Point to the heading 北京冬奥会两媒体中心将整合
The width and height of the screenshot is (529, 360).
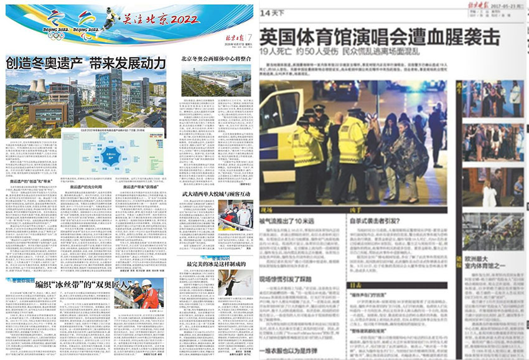[215, 60]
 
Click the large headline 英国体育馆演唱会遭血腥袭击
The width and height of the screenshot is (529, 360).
[379, 38]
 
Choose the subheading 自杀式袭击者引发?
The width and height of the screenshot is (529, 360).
[373, 220]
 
